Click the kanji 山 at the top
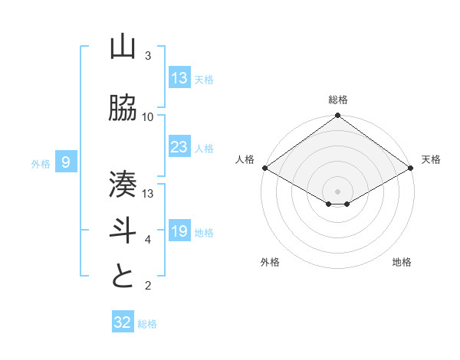click(x=123, y=47)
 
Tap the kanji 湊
click(x=123, y=184)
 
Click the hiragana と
click(x=123, y=276)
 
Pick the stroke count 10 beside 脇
click(x=148, y=116)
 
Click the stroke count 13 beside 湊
click(x=148, y=193)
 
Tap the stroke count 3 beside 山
click(x=148, y=56)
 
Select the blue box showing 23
click(x=179, y=147)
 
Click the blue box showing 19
click(x=179, y=231)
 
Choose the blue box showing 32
click(x=123, y=322)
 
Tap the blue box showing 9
click(x=67, y=162)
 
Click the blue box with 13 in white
click(x=179, y=78)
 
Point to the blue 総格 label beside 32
click(x=147, y=324)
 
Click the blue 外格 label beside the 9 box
click(x=41, y=163)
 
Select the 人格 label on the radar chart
click(x=245, y=159)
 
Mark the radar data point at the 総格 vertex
click(x=337, y=116)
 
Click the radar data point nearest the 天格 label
click(x=412, y=168)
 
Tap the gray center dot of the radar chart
click(x=337, y=190)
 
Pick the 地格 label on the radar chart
click(x=402, y=262)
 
